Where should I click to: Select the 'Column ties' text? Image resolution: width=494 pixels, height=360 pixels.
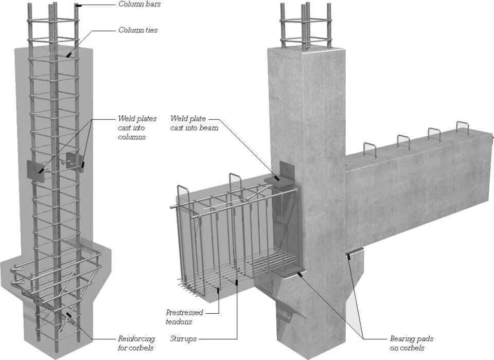[138, 30]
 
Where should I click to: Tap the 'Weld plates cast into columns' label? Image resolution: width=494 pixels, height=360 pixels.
[137, 128]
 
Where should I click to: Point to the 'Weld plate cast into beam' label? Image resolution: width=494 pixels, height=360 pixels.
[194, 123]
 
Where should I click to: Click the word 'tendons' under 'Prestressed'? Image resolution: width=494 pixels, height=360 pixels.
[179, 321]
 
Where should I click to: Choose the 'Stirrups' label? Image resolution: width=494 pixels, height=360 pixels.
[183, 339]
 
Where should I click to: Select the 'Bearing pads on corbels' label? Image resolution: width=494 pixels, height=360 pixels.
[411, 344]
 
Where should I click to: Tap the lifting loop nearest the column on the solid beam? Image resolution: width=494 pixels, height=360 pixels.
[370, 149]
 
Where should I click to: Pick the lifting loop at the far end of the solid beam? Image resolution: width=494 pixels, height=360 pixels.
[462, 127]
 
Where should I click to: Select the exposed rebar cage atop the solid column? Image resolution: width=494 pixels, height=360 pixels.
[305, 26]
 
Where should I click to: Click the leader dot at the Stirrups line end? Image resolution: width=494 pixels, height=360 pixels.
[236, 281]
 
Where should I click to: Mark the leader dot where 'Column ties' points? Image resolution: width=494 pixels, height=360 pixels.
[67, 55]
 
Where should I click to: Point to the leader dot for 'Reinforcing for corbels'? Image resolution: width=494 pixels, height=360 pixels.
[67, 312]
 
